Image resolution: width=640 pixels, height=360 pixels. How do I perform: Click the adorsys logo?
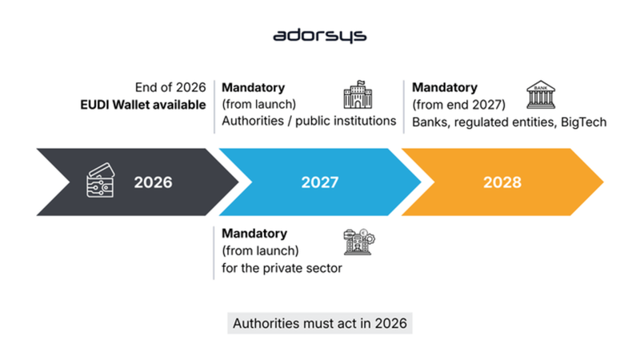point(319,36)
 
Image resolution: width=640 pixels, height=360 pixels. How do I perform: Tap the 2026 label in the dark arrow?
point(153,182)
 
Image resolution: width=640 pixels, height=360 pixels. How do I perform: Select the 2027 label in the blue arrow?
point(320,182)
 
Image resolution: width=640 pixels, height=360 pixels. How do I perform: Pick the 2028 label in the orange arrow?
point(502,182)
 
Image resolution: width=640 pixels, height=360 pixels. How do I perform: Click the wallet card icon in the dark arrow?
point(102,182)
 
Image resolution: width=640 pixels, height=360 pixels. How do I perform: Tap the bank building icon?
point(541,94)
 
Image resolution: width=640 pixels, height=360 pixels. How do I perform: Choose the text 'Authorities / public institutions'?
point(309,122)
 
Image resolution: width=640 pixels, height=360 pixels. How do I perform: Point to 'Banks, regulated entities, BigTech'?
point(510,122)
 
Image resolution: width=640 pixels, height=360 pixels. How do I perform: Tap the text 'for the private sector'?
point(282,268)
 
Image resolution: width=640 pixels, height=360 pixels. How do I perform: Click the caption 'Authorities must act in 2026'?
point(320,324)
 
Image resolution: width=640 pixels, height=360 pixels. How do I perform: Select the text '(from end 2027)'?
point(456,104)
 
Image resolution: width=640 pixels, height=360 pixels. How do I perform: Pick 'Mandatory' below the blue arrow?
point(254,234)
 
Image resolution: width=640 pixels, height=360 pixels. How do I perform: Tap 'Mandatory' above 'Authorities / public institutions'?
point(254,87)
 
